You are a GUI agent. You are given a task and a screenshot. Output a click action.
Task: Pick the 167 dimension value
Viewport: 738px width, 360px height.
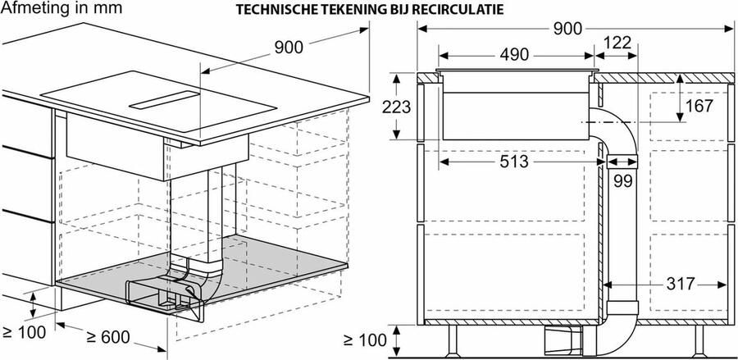pos(699,107)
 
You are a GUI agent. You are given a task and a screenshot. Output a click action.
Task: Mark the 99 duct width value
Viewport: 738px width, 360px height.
pos(623,182)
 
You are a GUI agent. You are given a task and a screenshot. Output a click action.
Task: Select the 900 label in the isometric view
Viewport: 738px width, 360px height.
pos(288,48)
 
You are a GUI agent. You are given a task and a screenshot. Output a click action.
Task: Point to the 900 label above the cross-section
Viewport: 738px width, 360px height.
pos(566,29)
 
